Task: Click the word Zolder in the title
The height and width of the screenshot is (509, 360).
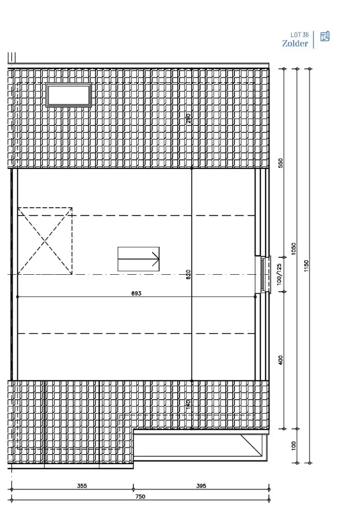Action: pyautogui.click(x=295, y=43)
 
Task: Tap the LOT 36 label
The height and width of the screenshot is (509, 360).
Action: pyautogui.click(x=299, y=35)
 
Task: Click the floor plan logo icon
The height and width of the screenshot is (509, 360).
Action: pyautogui.click(x=324, y=36)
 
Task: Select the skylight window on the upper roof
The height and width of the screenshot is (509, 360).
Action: pyautogui.click(x=69, y=95)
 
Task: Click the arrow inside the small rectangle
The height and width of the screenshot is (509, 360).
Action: pyautogui.click(x=139, y=259)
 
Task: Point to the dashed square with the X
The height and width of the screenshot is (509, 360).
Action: pyautogui.click(x=45, y=241)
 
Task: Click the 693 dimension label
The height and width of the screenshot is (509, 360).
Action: pyautogui.click(x=136, y=293)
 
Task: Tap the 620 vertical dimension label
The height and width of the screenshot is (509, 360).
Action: pyautogui.click(x=188, y=275)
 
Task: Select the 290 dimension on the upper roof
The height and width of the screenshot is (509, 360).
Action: pyautogui.click(x=188, y=118)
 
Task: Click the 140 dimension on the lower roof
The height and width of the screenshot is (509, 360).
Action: pyautogui.click(x=188, y=404)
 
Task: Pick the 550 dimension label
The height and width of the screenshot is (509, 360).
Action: pyautogui.click(x=280, y=163)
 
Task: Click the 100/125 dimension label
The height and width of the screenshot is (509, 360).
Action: pyautogui.click(x=279, y=274)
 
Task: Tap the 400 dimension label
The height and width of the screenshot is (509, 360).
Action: pyautogui.click(x=280, y=360)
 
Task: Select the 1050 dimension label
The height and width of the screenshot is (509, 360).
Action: pyautogui.click(x=293, y=248)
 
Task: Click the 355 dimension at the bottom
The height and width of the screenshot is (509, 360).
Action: pyautogui.click(x=82, y=486)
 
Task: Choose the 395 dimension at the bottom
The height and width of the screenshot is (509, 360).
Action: pyautogui.click(x=201, y=486)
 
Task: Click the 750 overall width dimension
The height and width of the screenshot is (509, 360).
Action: pyautogui.click(x=140, y=496)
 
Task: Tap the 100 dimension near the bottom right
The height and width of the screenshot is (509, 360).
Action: pyautogui.click(x=293, y=445)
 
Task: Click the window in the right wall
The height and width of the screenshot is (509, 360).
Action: pyautogui.click(x=263, y=275)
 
